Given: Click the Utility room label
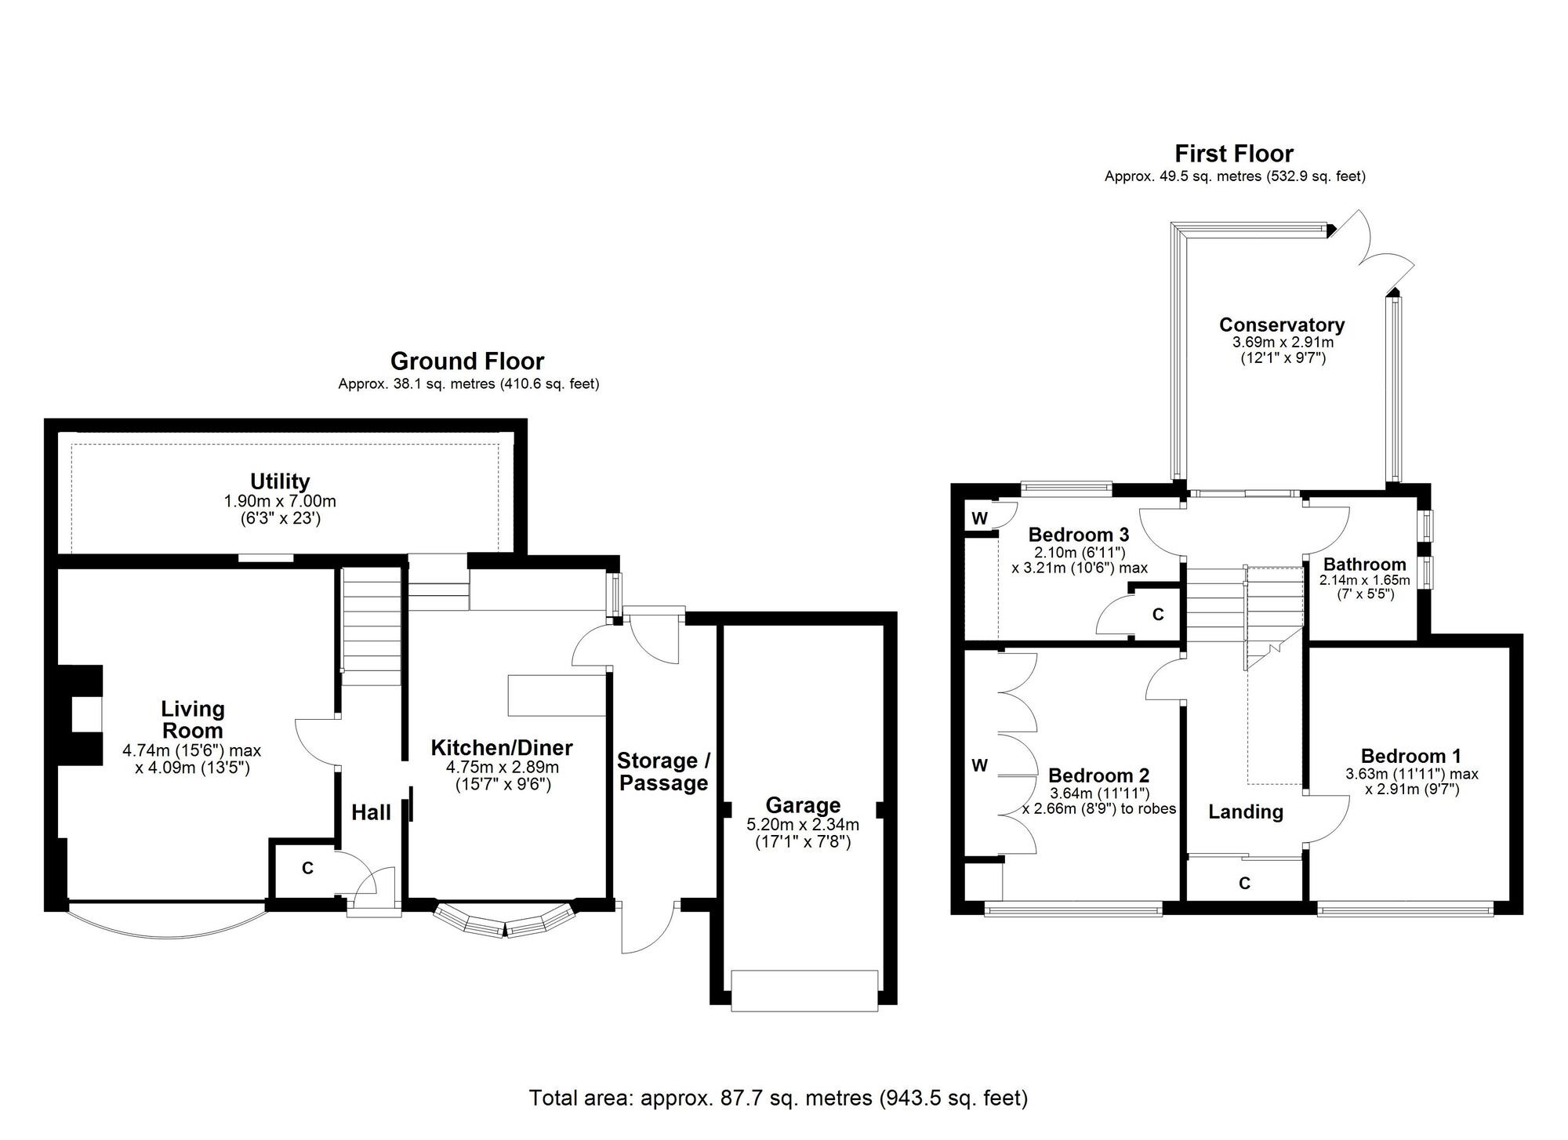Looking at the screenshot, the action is pos(280,481).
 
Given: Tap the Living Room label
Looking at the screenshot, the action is pos(193,719).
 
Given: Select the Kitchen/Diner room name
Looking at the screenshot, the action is pos(502,747).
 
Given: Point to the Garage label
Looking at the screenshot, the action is pos(803,805).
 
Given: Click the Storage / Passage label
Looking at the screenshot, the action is pos(664,771).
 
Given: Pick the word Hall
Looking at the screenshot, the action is pos(371,812).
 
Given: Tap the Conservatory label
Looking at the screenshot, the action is pos(1282,325).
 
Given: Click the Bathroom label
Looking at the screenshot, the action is pos(1365,565).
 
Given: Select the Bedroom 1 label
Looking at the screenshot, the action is pos(1411,756).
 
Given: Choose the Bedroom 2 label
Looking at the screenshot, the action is pos(1099,775).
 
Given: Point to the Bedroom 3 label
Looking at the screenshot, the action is pos(1079,535).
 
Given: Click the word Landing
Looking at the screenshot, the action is pos(1246,812).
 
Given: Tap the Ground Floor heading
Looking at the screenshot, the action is pos(467,361).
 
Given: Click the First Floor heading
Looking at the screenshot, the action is pos(1234,154).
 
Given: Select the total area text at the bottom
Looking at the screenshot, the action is pos(779,1098).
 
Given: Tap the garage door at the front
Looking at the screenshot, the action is pos(804,991).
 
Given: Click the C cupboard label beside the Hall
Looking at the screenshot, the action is pos(308,868).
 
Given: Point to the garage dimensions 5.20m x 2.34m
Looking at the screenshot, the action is pos(803,825).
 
